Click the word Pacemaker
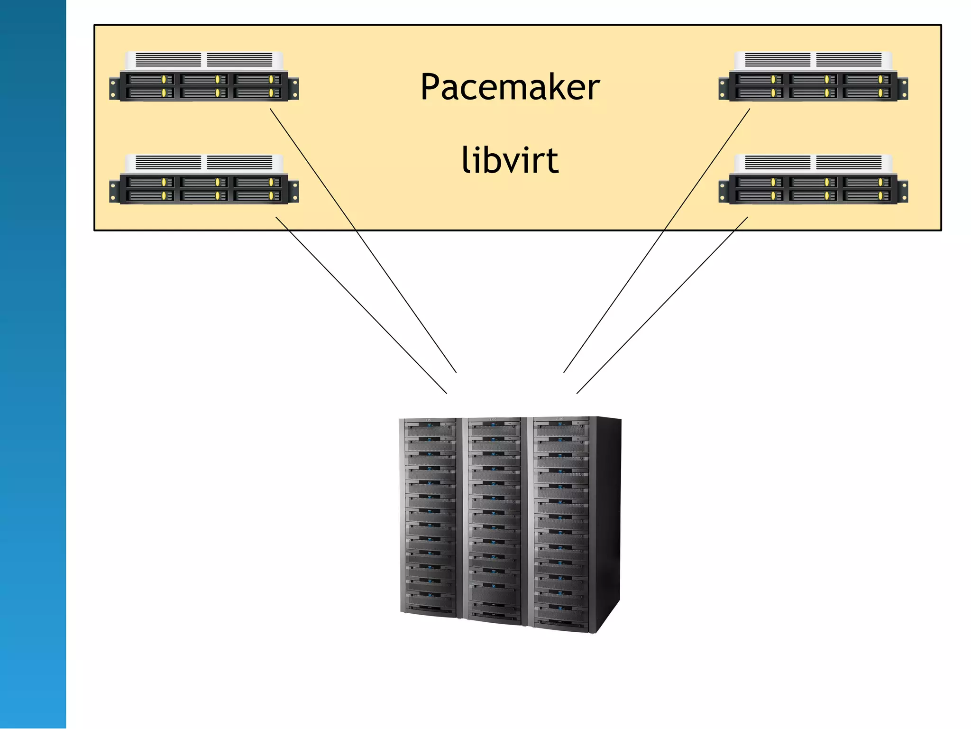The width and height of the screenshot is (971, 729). click(x=510, y=88)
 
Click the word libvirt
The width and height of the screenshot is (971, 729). click(x=510, y=160)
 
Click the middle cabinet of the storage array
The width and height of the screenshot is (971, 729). click(x=494, y=519)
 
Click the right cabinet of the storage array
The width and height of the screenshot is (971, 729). click(x=561, y=522)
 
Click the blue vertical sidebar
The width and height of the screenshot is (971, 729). click(x=33, y=364)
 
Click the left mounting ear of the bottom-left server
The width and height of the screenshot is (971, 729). click(x=114, y=192)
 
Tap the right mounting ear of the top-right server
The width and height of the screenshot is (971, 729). click(x=903, y=89)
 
